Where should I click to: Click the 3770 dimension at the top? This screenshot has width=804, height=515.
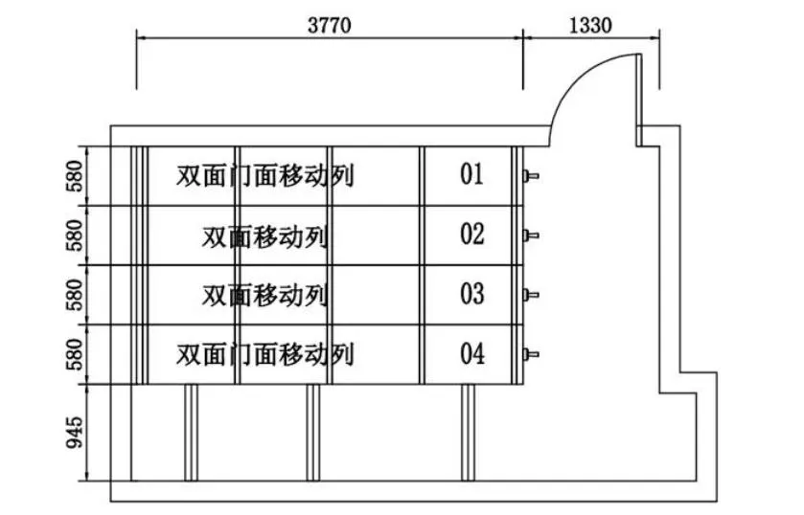pyautogui.click(x=329, y=25)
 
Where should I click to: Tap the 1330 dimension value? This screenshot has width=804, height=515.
pyautogui.click(x=590, y=25)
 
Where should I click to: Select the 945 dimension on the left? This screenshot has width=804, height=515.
pyautogui.click(x=74, y=432)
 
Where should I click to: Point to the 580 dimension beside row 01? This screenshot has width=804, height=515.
pyautogui.click(x=74, y=175)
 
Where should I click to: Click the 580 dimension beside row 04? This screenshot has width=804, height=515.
pyautogui.click(x=74, y=354)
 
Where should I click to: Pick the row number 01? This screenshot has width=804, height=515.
pyautogui.click(x=471, y=175)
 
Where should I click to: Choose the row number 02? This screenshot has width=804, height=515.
pyautogui.click(x=471, y=235)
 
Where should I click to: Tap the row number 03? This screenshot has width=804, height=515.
pyautogui.click(x=471, y=294)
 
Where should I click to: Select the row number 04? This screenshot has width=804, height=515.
pyautogui.click(x=471, y=354)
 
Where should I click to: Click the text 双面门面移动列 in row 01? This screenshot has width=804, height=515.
pyautogui.click(x=265, y=176)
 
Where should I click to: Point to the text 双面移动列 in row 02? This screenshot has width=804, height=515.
pyautogui.click(x=265, y=235)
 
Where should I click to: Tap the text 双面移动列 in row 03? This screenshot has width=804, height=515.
pyautogui.click(x=265, y=295)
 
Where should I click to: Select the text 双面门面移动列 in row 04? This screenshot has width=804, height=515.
pyautogui.click(x=265, y=355)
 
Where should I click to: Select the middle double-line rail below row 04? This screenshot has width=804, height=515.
pyautogui.click(x=312, y=432)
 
